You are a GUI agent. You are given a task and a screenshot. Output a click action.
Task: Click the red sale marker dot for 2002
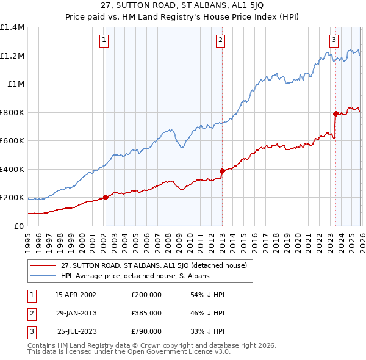tap(106, 197)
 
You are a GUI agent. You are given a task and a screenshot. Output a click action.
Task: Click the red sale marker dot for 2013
tap(222, 171)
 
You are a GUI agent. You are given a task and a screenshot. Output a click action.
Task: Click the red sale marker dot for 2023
tap(335, 113)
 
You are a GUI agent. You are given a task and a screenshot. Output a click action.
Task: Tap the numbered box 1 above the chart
tap(104, 41)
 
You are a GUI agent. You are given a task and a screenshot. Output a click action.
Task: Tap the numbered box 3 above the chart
tap(334, 41)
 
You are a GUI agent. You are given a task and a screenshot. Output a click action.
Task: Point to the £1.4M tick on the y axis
tap(12, 27)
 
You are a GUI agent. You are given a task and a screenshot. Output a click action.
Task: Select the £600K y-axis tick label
tap(12, 140)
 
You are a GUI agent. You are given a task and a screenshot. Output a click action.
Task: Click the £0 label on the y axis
tap(18, 226)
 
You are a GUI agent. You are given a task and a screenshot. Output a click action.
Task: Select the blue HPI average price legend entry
tap(135, 276)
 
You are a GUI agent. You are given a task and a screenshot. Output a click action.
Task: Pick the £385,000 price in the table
tap(146, 313)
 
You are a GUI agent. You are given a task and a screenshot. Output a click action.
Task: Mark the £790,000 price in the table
tap(146, 331)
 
